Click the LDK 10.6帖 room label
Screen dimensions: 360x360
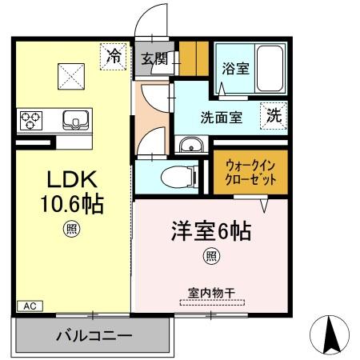[72, 191]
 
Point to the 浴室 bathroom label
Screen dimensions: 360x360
[236, 69]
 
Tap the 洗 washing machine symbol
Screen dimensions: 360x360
[274, 114]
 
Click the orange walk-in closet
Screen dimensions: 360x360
[250, 171]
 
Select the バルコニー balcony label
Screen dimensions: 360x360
[94, 336]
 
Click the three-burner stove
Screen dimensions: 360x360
[33, 121]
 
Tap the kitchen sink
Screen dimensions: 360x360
[77, 121]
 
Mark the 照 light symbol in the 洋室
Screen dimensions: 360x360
[211, 256]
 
